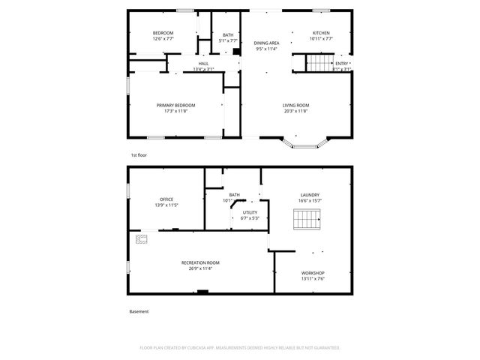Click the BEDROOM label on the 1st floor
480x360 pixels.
163,33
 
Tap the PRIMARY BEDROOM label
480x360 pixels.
175,105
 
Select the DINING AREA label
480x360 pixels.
266,43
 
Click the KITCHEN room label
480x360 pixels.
321,33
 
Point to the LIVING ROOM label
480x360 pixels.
296,105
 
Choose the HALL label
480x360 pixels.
203,64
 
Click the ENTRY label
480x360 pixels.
341,64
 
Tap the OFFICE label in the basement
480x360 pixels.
166,199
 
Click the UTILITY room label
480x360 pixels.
250,212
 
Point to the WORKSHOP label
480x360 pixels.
313,272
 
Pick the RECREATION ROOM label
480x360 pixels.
200,262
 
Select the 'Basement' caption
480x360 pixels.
139,311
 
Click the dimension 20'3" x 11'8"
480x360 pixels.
296,111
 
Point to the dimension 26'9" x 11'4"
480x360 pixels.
200,268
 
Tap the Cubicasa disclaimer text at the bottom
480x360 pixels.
240,348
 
